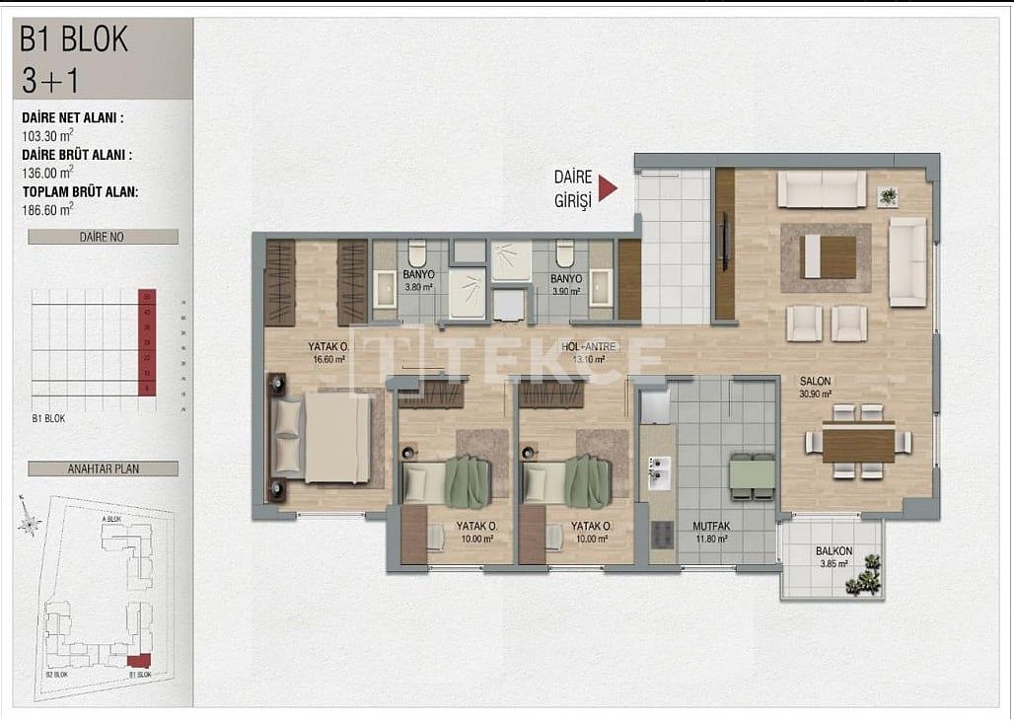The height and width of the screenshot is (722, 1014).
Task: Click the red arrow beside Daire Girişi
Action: point(608,188)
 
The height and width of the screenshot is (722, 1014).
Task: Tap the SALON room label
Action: point(815,381)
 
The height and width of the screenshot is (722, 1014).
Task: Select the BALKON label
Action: point(833,551)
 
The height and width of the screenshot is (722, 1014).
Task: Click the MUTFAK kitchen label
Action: point(710,527)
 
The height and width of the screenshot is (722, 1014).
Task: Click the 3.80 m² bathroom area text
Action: point(419,289)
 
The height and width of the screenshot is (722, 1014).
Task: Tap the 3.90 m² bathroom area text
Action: point(567,291)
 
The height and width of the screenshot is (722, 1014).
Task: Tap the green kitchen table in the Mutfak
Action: point(753,476)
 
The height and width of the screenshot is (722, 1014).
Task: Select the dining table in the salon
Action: point(858,442)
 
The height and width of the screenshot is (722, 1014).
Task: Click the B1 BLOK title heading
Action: point(75,38)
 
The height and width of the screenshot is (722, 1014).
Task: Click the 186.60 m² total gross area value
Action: point(48,208)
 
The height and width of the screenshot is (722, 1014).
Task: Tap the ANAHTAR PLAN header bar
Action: point(103,469)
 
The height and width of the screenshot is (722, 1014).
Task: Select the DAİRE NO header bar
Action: point(103,237)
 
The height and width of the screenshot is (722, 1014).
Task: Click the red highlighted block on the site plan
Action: point(140,660)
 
